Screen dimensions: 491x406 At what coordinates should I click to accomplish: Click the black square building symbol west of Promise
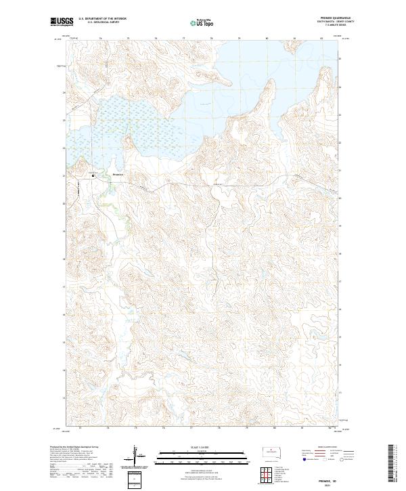pyautogui.click(x=94, y=176)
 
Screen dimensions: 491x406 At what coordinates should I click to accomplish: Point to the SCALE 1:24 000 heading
pyautogui.click(x=200, y=445)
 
